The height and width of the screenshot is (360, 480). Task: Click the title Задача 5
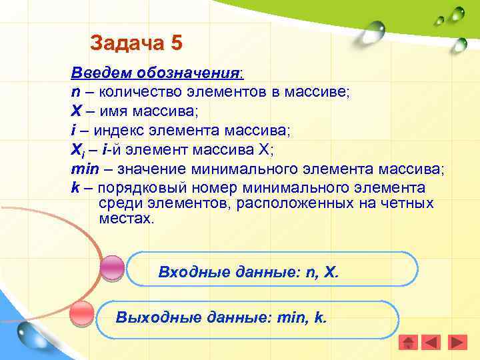tap(136, 43)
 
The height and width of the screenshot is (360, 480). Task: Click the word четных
tap(408, 203)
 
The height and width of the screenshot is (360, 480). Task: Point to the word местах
tap(125, 218)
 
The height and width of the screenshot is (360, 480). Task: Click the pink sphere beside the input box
tap(112, 268)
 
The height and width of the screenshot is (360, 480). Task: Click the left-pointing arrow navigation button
tap(433, 342)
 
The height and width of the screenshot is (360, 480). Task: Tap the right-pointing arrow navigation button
tap(457, 342)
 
